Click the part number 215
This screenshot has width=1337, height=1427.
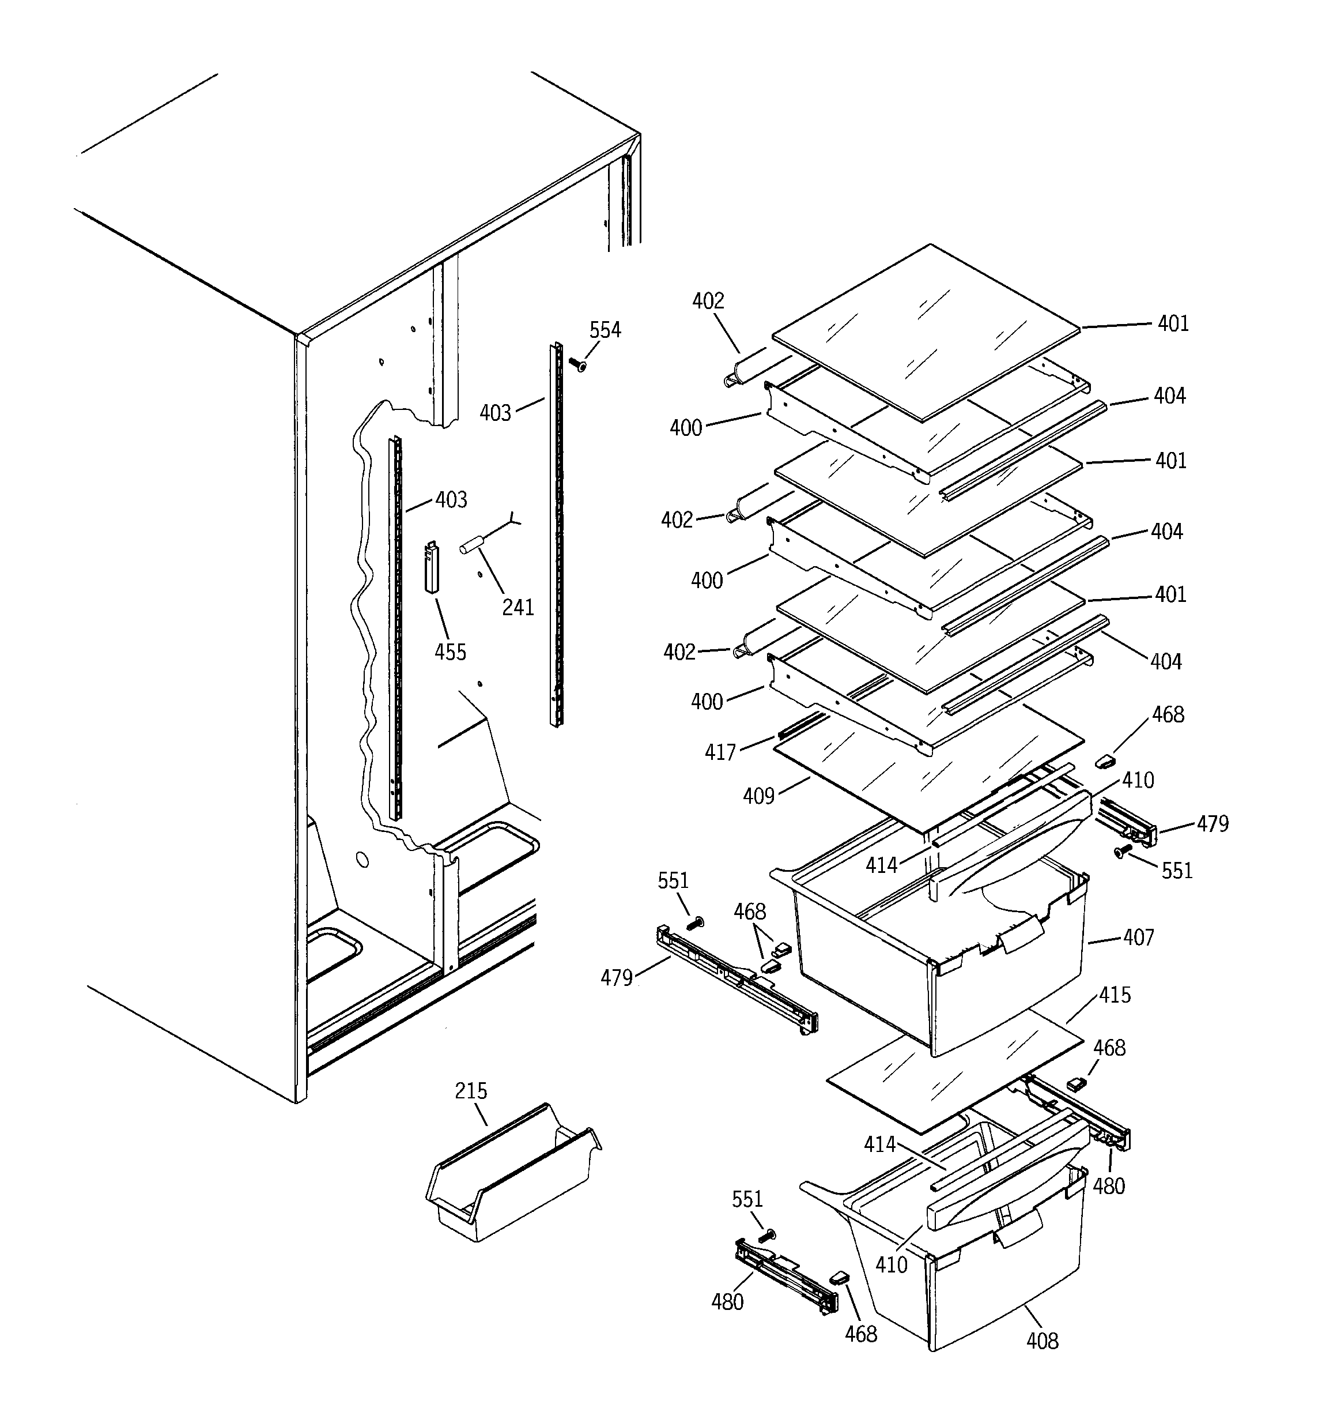click(471, 1091)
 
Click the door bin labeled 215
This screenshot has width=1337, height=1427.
click(513, 1181)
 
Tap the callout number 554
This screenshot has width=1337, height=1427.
click(605, 330)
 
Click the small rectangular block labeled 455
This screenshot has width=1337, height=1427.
click(431, 567)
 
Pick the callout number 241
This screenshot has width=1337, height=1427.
click(518, 607)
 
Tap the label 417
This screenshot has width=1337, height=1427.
click(720, 752)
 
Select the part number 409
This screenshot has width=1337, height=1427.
click(758, 796)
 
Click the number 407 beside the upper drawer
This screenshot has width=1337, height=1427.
click(1138, 937)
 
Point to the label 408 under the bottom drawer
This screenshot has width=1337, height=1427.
click(1042, 1340)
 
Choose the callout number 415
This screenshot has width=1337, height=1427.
click(1115, 995)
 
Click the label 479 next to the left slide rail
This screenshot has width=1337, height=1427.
click(617, 978)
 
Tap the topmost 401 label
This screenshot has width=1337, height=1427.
click(1173, 323)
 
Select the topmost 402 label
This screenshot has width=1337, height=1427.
click(708, 301)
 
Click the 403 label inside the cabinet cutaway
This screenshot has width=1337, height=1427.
click(451, 499)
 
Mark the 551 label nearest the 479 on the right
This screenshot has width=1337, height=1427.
click(1176, 871)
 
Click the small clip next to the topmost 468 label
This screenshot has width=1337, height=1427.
click(1105, 759)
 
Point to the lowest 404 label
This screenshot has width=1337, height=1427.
click(1165, 661)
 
